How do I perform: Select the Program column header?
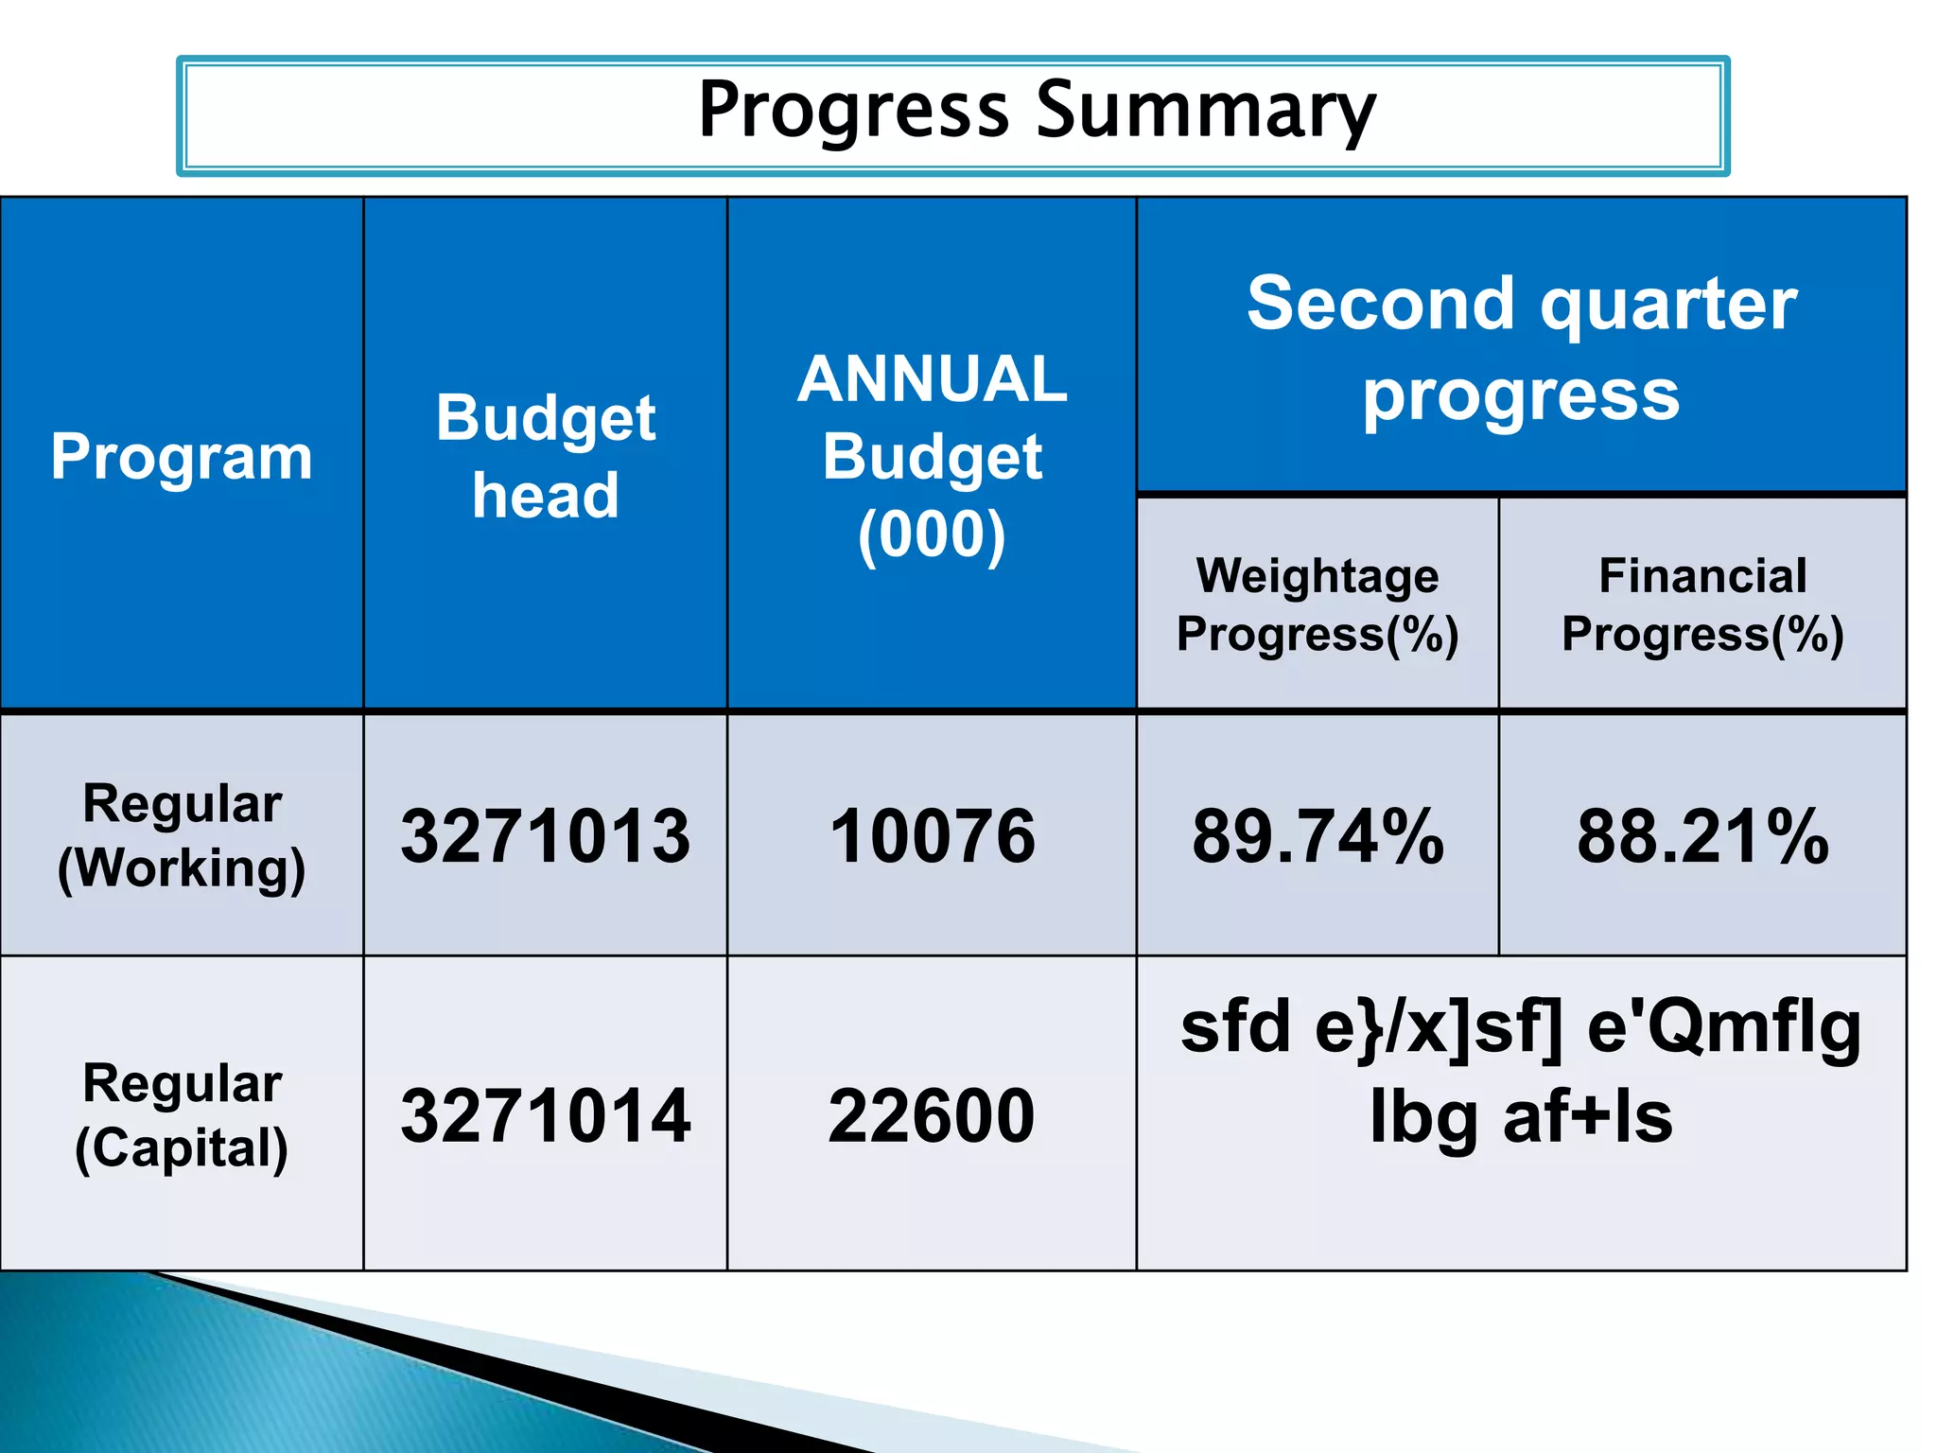pos(182,457)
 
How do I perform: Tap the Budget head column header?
pos(546,457)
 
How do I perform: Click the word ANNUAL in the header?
pos(932,379)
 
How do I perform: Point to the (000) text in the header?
pos(932,535)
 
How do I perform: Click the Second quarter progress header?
pos(1521,347)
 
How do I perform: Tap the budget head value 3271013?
pos(546,836)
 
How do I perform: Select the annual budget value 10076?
pos(932,836)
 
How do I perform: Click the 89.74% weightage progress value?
pos(1318,836)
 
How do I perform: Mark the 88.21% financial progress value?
pos(1702,836)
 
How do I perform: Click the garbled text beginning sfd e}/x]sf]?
pos(1521,1028)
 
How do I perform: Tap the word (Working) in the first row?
pos(182,868)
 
